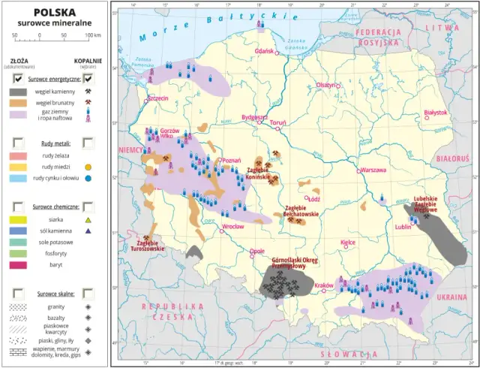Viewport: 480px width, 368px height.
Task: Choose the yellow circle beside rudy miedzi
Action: [88, 167]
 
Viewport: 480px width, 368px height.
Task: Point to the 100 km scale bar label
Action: [92, 35]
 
